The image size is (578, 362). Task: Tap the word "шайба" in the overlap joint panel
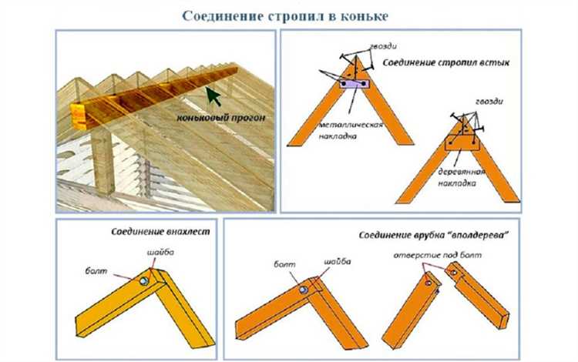(158, 253)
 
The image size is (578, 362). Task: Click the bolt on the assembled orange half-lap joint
(304, 289)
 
